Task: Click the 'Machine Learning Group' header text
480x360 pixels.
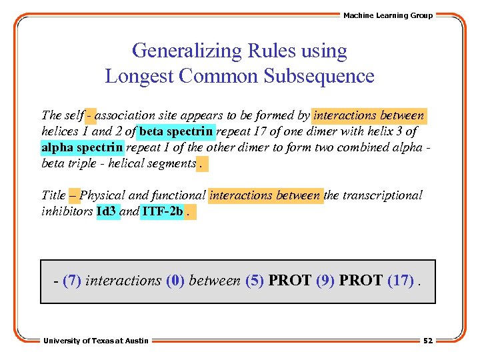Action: [387, 15]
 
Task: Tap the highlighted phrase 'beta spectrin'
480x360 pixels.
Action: [177, 131]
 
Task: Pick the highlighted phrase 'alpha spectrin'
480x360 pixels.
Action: [83, 147]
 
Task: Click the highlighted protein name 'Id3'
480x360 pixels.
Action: [107, 212]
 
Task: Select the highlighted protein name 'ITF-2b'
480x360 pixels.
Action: [162, 212]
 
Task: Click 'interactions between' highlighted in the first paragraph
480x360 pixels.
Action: [369, 115]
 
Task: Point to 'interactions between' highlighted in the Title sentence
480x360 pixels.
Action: [265, 195]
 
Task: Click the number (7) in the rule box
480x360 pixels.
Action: [71, 281]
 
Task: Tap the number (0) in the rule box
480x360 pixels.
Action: [175, 281]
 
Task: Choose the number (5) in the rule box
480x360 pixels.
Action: [255, 281]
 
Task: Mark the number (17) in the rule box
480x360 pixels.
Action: [400, 281]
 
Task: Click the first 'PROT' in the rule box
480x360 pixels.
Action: [289, 281]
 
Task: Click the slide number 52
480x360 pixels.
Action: [427, 341]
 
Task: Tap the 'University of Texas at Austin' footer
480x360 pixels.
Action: [96, 341]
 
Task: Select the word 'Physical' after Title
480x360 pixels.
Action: [102, 195]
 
